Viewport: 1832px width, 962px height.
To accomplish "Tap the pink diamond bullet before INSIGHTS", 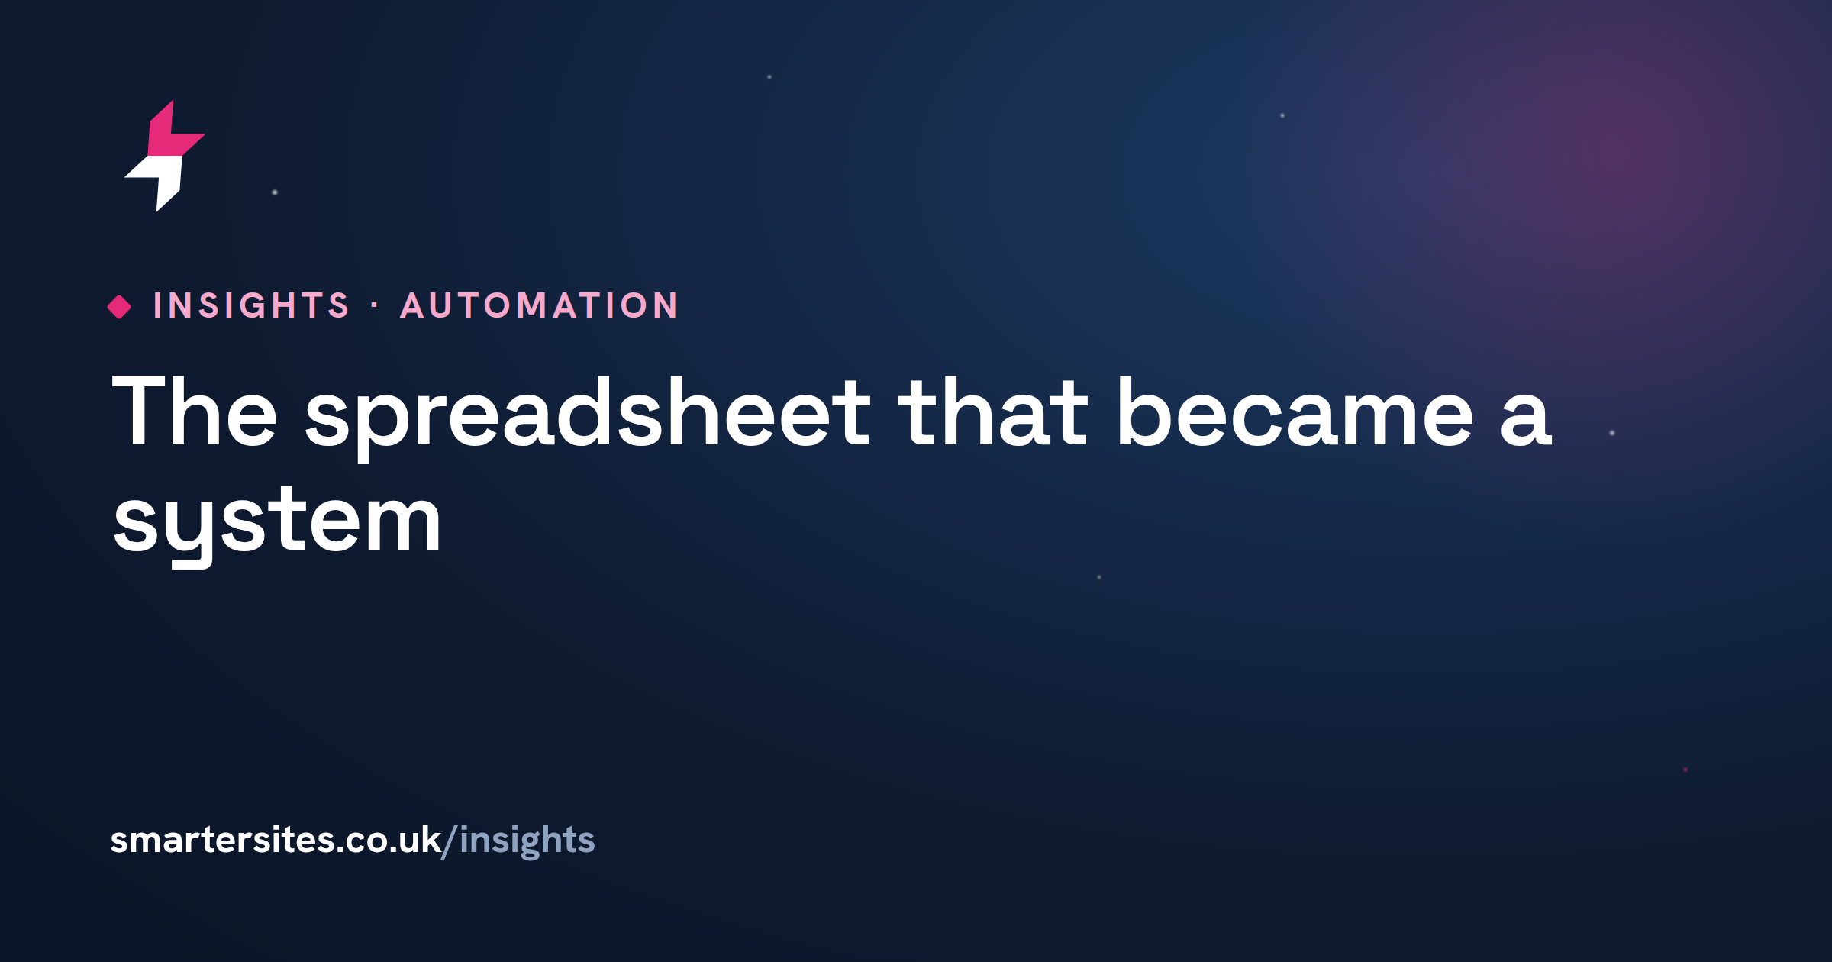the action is (x=119, y=306).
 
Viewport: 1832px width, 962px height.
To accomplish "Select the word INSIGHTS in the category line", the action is (x=251, y=305).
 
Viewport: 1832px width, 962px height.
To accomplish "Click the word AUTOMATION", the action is (x=540, y=305).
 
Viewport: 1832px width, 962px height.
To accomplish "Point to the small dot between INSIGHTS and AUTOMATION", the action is (x=374, y=305).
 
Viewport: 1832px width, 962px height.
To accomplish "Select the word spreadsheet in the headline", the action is (x=588, y=416).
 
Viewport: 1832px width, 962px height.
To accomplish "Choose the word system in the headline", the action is (x=276, y=525).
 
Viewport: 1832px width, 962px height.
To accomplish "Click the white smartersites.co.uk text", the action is (x=276, y=840).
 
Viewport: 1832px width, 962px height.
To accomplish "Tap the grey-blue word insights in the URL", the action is (x=527, y=841).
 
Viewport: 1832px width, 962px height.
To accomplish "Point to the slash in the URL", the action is (x=450, y=841).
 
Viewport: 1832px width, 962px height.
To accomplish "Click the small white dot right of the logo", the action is (x=275, y=192).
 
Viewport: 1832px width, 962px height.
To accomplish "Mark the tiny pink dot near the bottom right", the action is (x=1685, y=770).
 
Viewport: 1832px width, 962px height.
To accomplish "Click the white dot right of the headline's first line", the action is (x=1612, y=433).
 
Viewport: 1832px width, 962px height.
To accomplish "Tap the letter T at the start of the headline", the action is (x=140, y=410).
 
